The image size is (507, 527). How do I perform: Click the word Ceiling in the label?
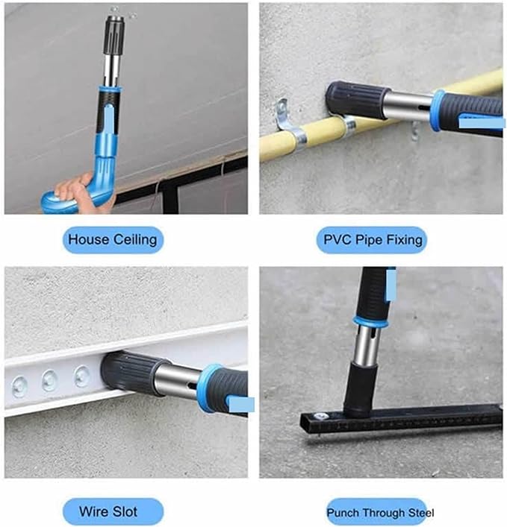point(135,240)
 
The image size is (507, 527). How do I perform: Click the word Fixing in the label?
point(404,240)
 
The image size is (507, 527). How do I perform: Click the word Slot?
point(124,511)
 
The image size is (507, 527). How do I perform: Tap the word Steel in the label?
point(421,513)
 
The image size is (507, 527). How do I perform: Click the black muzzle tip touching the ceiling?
point(114,34)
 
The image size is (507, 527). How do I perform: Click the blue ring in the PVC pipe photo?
point(439,110)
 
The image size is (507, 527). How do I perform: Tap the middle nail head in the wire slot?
point(49,380)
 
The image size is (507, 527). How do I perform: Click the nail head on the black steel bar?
point(321,417)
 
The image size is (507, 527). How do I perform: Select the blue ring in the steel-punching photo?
point(370,322)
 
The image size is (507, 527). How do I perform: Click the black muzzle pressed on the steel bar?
point(359,390)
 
